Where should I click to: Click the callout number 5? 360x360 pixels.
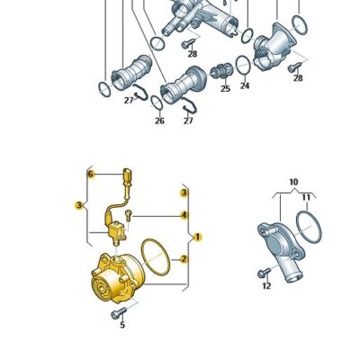tap(121, 325)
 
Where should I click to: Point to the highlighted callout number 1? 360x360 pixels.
tap(198, 237)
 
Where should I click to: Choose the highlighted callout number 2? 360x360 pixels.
tap(184, 259)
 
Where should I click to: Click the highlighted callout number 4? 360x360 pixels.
tap(184, 215)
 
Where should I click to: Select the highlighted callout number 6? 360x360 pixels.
tap(90, 173)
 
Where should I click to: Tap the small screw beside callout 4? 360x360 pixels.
tap(130, 214)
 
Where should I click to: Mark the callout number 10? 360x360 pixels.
tap(292, 183)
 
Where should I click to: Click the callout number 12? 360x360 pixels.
tap(265, 286)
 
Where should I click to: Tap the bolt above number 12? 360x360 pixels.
tap(262, 271)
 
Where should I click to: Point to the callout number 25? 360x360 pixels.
tap(224, 88)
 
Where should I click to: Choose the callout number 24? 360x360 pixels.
tap(245, 86)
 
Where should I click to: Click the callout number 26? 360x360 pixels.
tap(159, 121)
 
